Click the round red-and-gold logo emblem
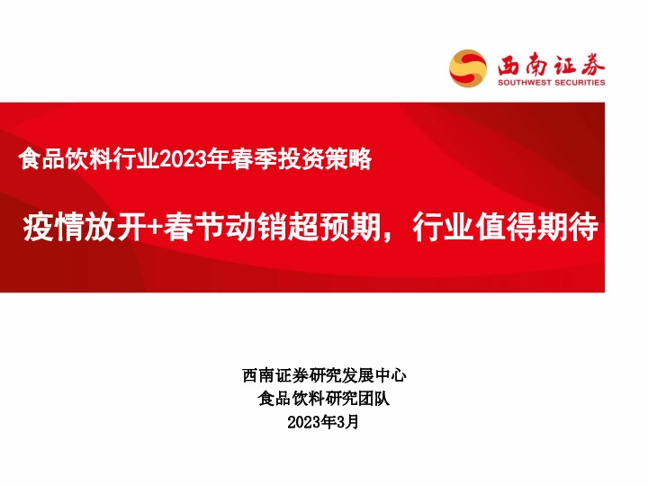[x=468, y=67]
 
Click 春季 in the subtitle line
[x=249, y=160]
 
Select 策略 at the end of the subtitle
[x=350, y=160]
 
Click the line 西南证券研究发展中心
[x=324, y=375]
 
